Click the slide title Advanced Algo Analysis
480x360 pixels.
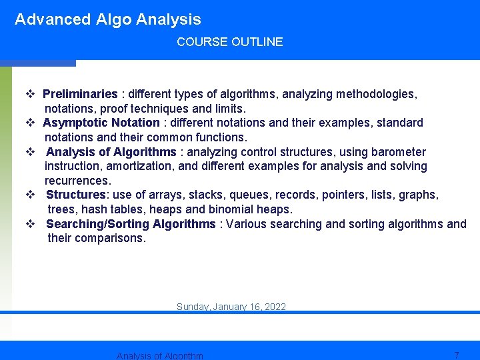point(107,19)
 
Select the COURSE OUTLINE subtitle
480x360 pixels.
point(229,42)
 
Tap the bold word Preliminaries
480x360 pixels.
point(80,94)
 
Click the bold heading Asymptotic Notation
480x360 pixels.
point(101,123)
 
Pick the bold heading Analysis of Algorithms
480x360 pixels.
point(111,152)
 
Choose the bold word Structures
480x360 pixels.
point(76,195)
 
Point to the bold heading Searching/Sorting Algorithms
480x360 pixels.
point(131,224)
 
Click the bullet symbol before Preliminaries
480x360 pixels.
point(30,94)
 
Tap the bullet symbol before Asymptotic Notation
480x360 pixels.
point(30,123)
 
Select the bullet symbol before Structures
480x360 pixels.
point(30,195)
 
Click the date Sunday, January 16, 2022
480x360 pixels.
point(231,307)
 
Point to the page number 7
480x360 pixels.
point(456,355)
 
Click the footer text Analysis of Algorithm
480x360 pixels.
point(159,355)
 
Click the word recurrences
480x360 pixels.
point(77,181)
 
